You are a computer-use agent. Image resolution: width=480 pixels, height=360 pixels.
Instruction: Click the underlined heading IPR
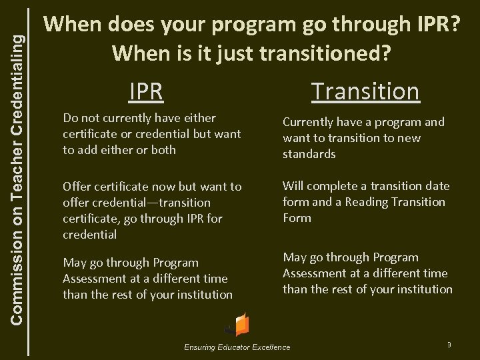(146, 91)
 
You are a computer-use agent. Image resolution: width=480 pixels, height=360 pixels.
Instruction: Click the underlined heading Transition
(365, 91)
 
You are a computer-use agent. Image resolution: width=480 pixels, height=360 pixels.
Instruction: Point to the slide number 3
(449, 344)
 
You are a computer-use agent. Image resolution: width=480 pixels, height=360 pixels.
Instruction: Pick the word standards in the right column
(309, 154)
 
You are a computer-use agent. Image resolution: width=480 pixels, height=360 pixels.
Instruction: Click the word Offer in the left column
(77, 186)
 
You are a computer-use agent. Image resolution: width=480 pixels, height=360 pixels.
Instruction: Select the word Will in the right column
(293, 185)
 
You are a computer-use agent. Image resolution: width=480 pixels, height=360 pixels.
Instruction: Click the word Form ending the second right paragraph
(297, 217)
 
